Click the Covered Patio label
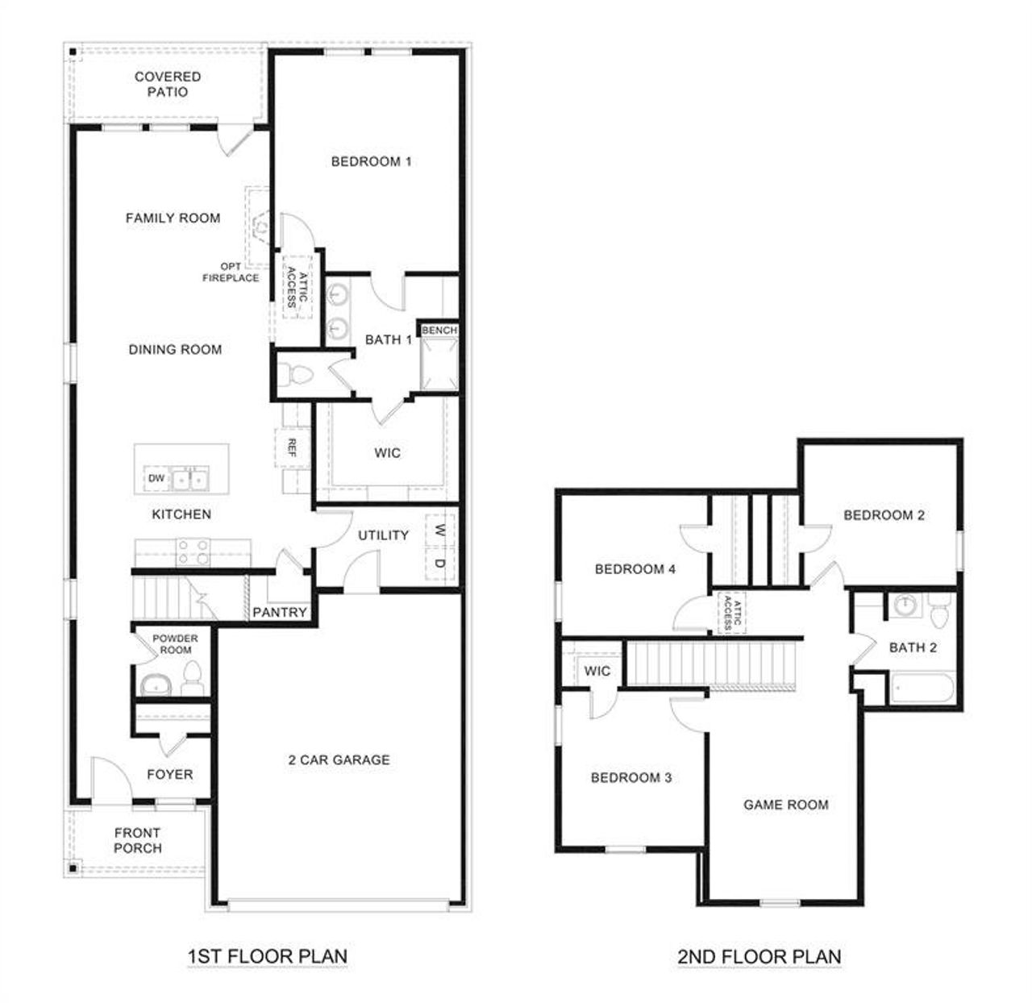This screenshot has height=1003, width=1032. coord(168,85)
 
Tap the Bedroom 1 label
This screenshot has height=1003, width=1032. coord(371,162)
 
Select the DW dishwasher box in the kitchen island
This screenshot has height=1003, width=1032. coord(156,479)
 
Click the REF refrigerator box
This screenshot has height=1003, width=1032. coord(291,448)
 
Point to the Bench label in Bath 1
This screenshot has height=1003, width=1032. coord(439,331)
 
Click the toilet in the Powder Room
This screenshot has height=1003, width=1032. coord(192,679)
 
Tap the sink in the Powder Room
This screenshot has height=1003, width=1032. coord(153,686)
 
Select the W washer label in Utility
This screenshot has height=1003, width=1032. coord(439,531)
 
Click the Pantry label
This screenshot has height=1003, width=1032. coord(280,613)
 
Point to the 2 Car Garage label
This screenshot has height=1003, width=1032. coord(339,760)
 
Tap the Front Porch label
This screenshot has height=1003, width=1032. coord(138,841)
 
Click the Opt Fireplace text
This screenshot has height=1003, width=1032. coord(231,273)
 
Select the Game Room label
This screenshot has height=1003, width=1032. coord(785,805)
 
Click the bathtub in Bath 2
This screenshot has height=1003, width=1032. coord(922,690)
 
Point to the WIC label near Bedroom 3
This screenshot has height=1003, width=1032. coord(597,672)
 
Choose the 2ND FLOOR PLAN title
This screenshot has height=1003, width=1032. coord(759,957)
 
